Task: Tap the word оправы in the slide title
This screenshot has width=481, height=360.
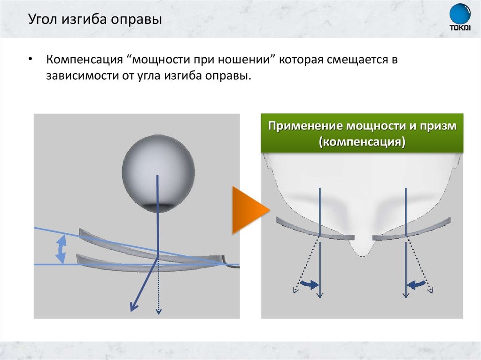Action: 141,21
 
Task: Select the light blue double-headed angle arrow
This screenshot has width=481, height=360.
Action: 61,249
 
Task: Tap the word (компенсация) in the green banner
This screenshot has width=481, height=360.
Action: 362,142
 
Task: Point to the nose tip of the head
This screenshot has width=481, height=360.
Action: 362,251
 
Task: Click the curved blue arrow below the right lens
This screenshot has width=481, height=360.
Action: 417,283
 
